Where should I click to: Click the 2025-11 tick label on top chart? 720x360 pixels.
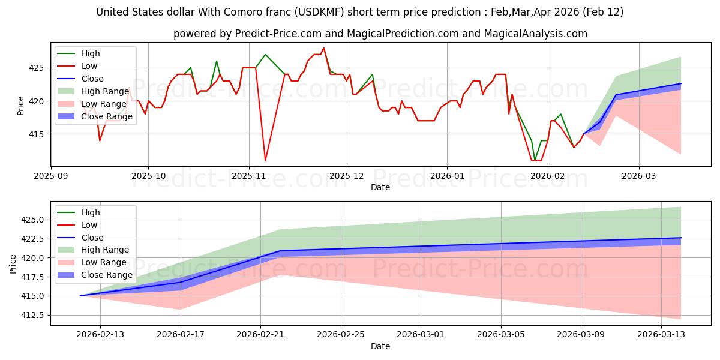pyautogui.click(x=248, y=176)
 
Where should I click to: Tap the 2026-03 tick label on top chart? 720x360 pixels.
pyautogui.click(x=638, y=176)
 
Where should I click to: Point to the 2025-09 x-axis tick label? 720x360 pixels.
pyautogui.click(x=50, y=176)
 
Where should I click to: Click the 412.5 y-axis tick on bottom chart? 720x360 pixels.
pyautogui.click(x=32, y=315)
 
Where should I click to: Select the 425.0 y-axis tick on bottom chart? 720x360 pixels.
pyautogui.click(x=32, y=220)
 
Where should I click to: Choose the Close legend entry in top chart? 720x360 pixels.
pyautogui.click(x=92, y=79)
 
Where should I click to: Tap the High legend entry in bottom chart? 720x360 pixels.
pyautogui.click(x=91, y=212)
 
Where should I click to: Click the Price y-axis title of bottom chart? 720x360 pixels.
pyautogui.click(x=13, y=263)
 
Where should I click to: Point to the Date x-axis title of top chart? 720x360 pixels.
pyautogui.click(x=380, y=187)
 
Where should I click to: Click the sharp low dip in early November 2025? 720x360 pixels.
pyautogui.click(x=265, y=160)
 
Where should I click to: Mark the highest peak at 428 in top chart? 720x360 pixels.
pyautogui.click(x=323, y=48)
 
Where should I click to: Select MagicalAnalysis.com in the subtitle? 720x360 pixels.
pyautogui.click(x=537, y=34)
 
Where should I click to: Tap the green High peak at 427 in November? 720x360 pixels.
pyautogui.click(x=265, y=55)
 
